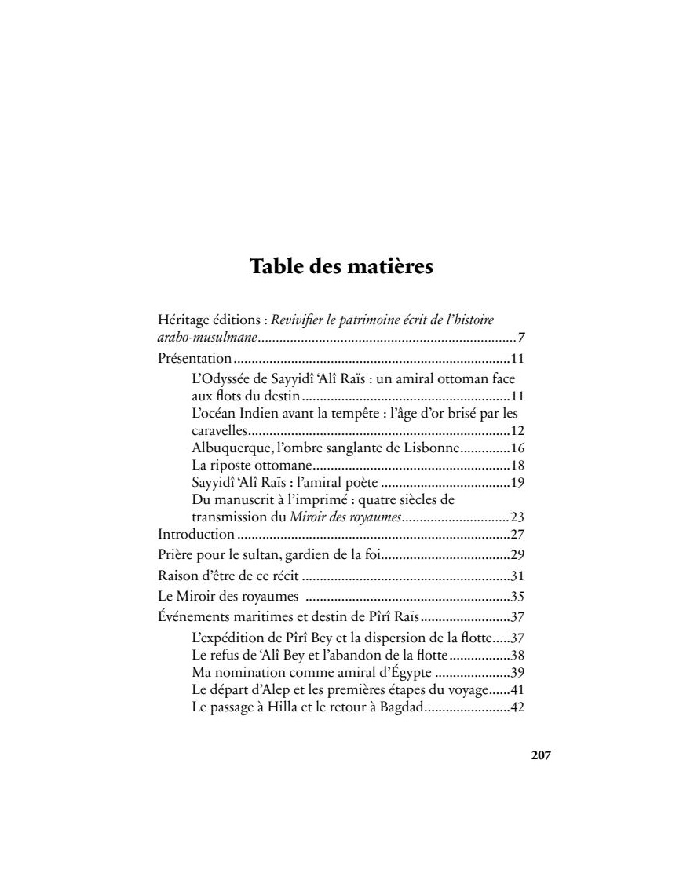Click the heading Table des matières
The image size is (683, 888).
pos(341,266)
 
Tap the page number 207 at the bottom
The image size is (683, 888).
pos(541,755)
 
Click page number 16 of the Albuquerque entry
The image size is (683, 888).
pos(517,448)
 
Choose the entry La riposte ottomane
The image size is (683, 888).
pos(247,466)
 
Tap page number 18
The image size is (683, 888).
pos(517,466)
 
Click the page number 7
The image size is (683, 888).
pos(521,338)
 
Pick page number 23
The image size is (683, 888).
pos(517,517)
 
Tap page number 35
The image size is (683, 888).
pos(517,595)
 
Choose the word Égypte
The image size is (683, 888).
pos(404,673)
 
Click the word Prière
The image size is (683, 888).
pos(175,555)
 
